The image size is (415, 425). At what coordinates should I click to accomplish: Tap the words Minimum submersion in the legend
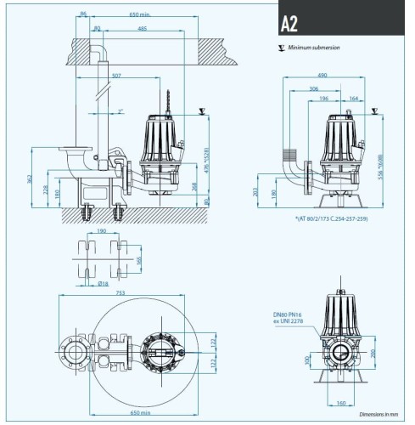click(x=314, y=48)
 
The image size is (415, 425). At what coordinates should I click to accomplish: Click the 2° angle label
click(x=121, y=111)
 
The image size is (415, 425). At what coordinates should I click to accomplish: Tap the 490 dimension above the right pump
click(x=323, y=76)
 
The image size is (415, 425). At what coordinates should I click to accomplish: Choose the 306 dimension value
click(x=314, y=88)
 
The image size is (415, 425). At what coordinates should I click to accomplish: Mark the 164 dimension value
click(x=353, y=99)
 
